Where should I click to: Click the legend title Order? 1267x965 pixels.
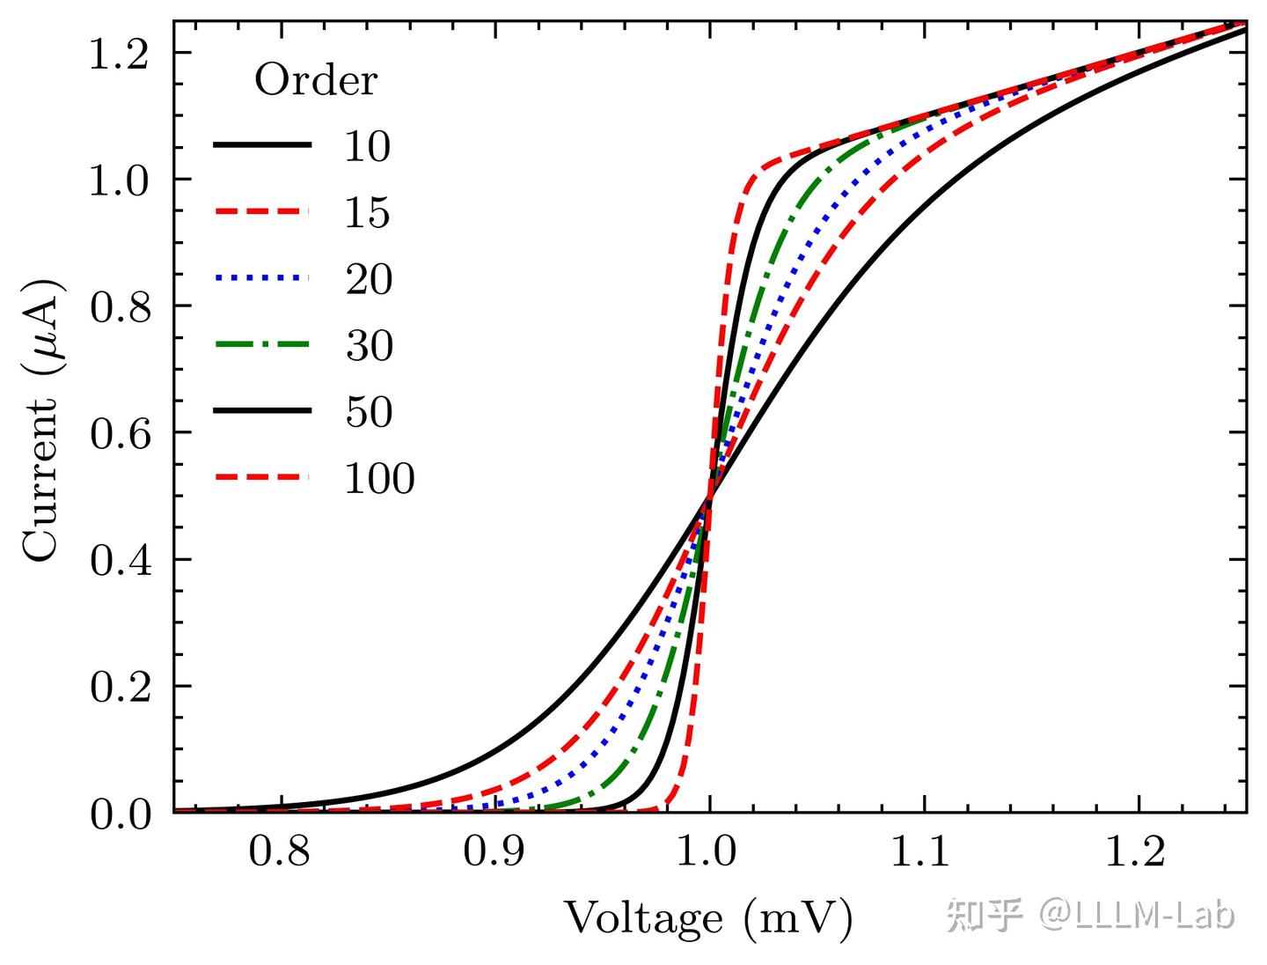[315, 81]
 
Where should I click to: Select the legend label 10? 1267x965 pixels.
[367, 146]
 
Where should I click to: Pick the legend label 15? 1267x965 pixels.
[367, 212]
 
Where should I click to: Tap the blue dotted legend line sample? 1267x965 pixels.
[262, 278]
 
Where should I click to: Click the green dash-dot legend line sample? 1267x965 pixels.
[262, 344]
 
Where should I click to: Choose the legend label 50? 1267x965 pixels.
[368, 411]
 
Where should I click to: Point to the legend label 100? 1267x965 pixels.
[378, 478]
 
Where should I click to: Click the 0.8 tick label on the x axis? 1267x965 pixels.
[280, 851]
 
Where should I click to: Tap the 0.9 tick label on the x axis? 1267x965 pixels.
[494, 851]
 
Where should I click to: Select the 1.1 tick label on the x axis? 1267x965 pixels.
[924, 851]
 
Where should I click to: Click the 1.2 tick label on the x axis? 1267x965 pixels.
[1139, 851]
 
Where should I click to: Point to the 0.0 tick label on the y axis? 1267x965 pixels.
[121, 814]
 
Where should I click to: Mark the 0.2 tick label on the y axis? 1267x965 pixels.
[121, 687]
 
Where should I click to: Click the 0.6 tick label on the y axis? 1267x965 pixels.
[121, 433]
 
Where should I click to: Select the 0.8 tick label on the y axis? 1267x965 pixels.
[121, 306]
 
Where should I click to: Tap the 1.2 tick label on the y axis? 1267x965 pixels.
[121, 54]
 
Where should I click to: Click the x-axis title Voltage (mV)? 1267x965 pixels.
[708, 918]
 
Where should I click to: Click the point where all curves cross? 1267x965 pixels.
[709, 497]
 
